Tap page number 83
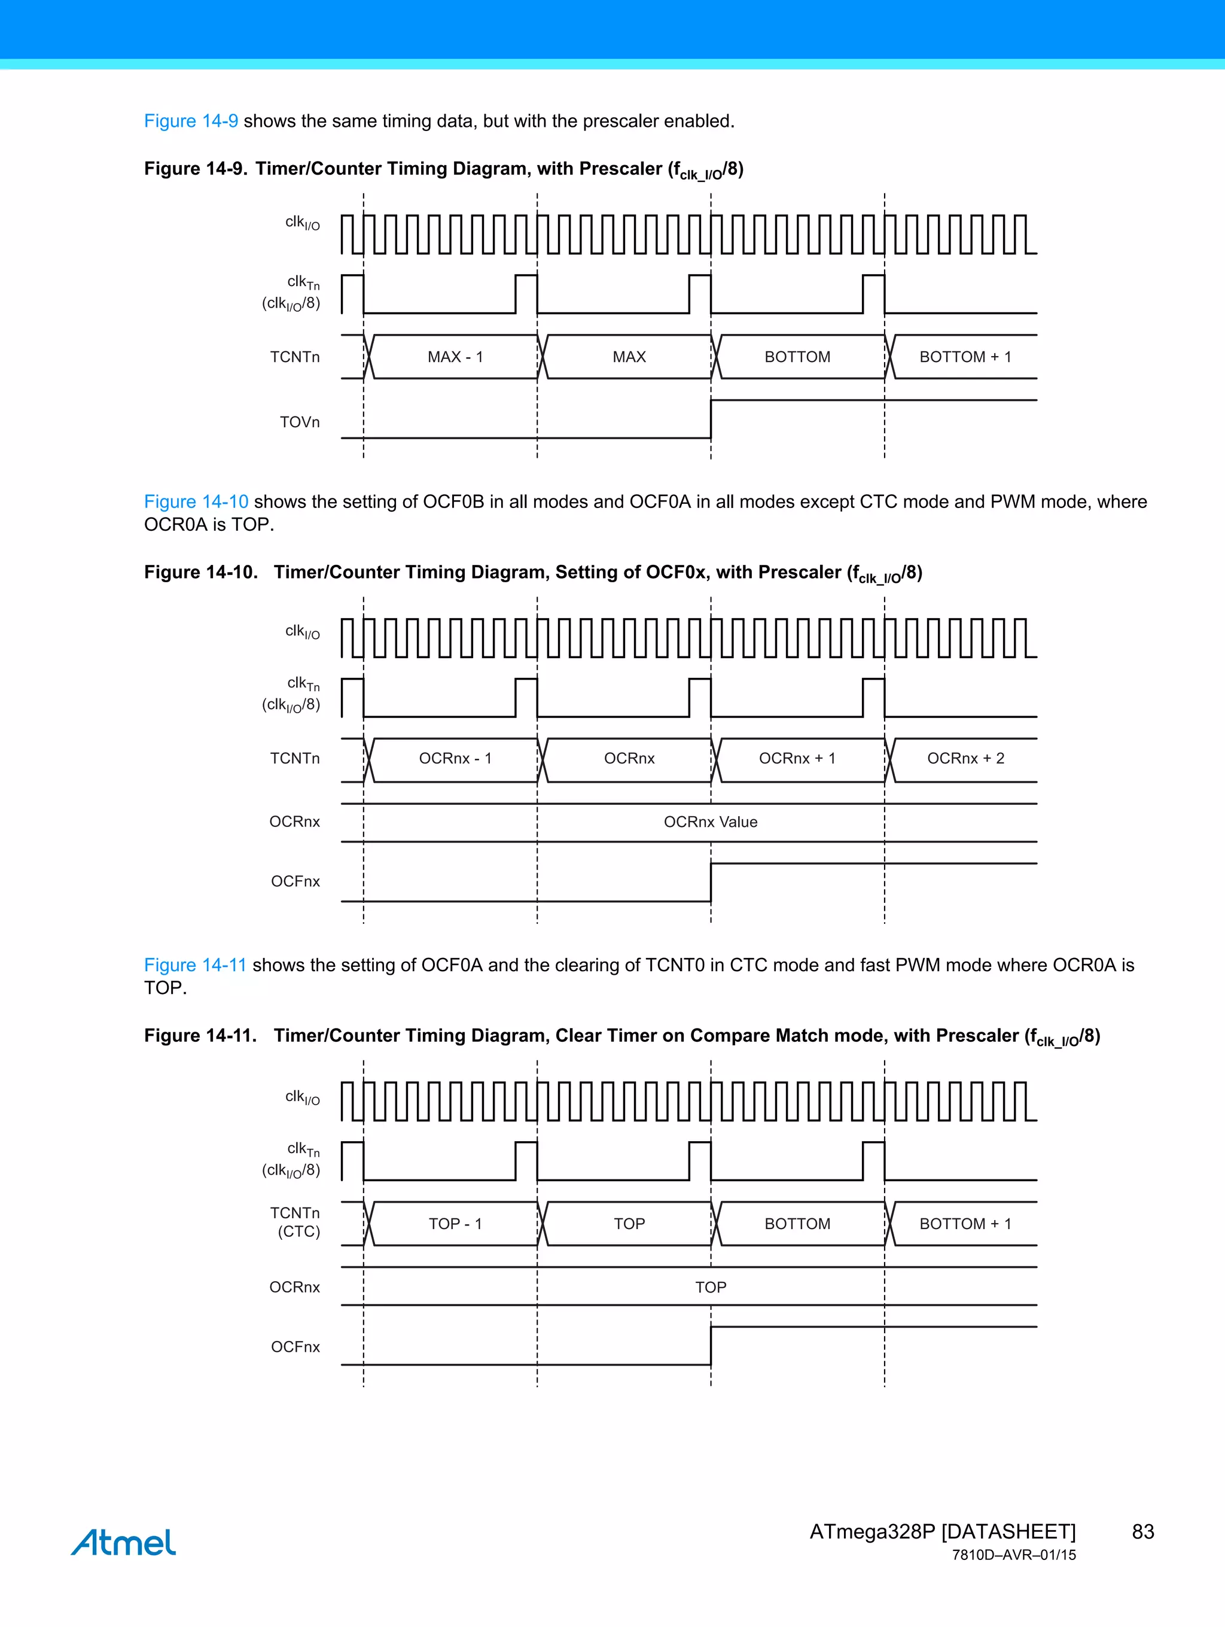(x=1142, y=1531)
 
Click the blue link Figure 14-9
(x=190, y=121)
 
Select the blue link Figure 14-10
(x=196, y=501)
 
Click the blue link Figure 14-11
(x=195, y=965)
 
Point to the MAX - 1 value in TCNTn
(x=455, y=357)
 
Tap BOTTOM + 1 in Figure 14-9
(x=965, y=357)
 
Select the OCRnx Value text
(x=710, y=822)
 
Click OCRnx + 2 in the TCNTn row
(x=965, y=758)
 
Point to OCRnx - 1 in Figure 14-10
(x=455, y=758)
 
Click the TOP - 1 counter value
(x=455, y=1224)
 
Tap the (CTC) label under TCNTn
(x=298, y=1232)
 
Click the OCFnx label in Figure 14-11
(x=295, y=1347)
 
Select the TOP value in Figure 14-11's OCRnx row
(x=710, y=1287)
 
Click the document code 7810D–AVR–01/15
(x=1013, y=1555)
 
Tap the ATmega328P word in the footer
(x=872, y=1531)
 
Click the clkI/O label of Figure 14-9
(x=302, y=222)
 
